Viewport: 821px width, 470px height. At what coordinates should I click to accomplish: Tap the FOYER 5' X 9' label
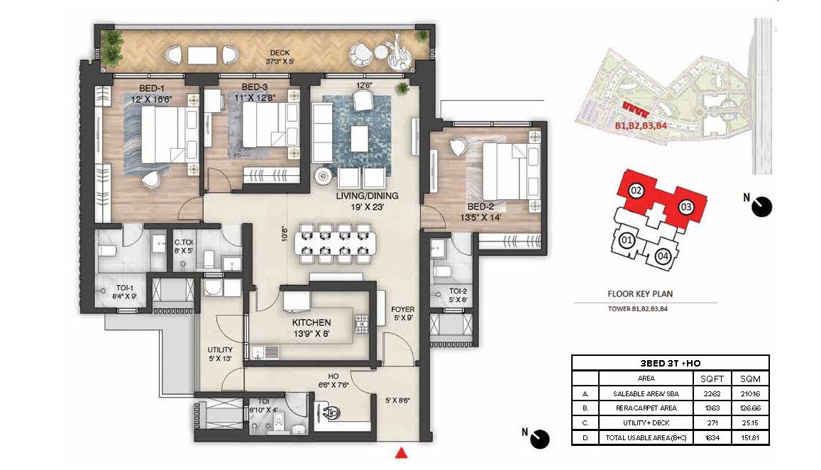402,314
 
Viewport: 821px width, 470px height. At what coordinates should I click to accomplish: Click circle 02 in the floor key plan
637,190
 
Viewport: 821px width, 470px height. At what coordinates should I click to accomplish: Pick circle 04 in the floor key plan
663,256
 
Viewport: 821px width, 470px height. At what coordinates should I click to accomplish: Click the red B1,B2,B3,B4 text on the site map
641,126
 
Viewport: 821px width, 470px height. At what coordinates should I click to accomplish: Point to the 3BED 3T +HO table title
670,363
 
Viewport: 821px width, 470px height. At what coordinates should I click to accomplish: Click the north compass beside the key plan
762,206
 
